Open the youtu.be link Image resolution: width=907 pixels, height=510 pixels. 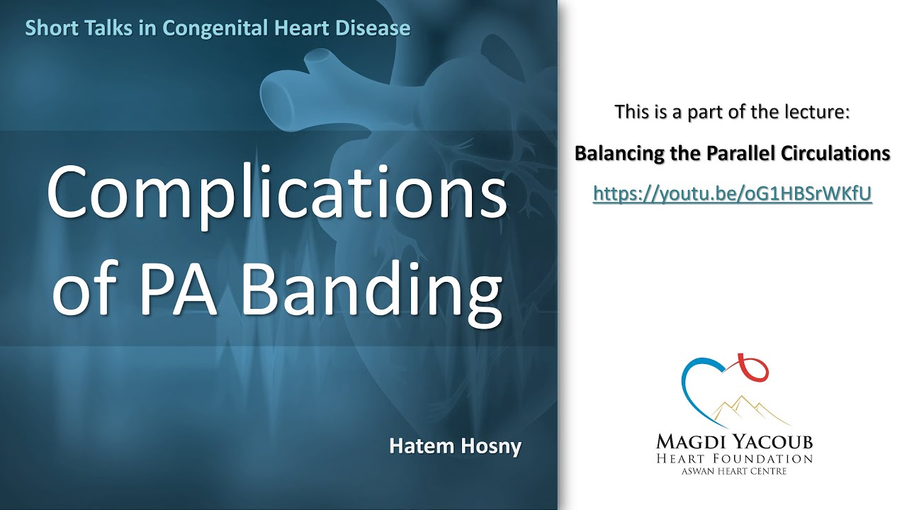click(732, 194)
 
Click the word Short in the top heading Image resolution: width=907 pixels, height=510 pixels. click(48, 28)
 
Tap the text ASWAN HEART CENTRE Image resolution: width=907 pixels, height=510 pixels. click(733, 471)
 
